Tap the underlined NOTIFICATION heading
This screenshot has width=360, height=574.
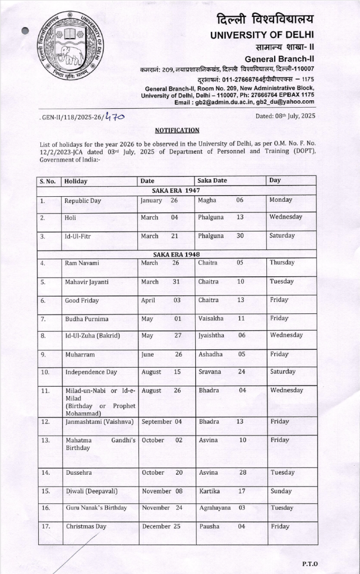click(x=177, y=130)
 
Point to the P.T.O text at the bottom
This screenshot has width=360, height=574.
click(x=310, y=562)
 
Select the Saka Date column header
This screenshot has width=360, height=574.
click(x=212, y=180)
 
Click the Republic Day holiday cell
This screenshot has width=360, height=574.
click(x=82, y=201)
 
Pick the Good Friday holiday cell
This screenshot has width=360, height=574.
click(x=82, y=300)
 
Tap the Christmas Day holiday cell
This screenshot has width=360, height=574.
click(x=86, y=527)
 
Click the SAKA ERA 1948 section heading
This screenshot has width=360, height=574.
click(x=177, y=254)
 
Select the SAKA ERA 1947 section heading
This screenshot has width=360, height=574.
click(x=177, y=191)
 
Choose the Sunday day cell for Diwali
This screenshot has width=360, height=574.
click(x=281, y=491)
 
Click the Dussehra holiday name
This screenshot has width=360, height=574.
click(x=79, y=473)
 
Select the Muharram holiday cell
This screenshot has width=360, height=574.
click(x=80, y=355)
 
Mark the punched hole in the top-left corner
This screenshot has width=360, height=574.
click(x=25, y=31)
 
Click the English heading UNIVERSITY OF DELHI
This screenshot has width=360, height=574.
click(x=262, y=35)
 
